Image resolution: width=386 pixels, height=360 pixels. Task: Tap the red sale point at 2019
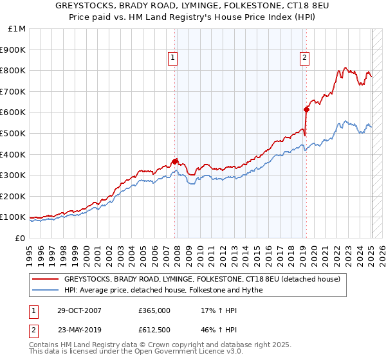[x=307, y=109]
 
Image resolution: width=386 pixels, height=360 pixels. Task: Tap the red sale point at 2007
[x=175, y=161]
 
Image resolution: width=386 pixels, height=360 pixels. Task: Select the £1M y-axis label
[x=17, y=28]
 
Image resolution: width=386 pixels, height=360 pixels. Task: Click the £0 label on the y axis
[x=21, y=238]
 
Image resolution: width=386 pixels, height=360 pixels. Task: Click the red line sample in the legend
[x=45, y=279]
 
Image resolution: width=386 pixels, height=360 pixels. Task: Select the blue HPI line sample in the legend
[x=45, y=290]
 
